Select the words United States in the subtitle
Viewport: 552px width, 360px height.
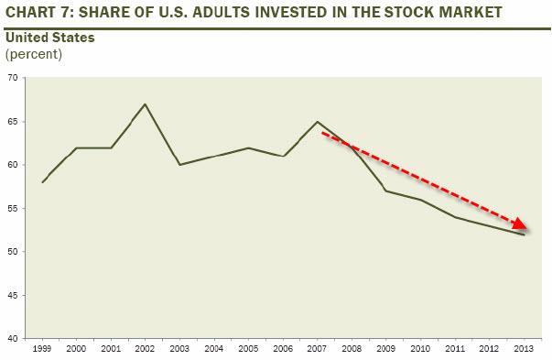(50, 38)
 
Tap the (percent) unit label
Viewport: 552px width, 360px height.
(34, 54)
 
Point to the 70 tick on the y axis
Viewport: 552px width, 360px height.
(14, 78)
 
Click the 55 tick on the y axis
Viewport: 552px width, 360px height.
(14, 209)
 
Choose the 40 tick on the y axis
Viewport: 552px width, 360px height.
(14, 339)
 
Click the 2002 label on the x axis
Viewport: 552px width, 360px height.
(146, 349)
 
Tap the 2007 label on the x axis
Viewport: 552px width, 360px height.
(318, 349)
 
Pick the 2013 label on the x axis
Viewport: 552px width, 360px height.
(524, 349)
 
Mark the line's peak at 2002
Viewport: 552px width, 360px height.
(146, 104)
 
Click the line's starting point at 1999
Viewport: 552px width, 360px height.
(43, 182)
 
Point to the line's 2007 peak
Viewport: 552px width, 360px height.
(318, 122)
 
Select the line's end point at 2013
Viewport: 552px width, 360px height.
(524, 235)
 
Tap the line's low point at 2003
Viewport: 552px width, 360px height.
(180, 165)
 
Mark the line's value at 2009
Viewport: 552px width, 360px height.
(386, 191)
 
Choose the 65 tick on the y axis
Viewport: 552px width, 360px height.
(14, 122)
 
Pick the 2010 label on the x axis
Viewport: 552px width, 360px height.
(420, 349)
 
